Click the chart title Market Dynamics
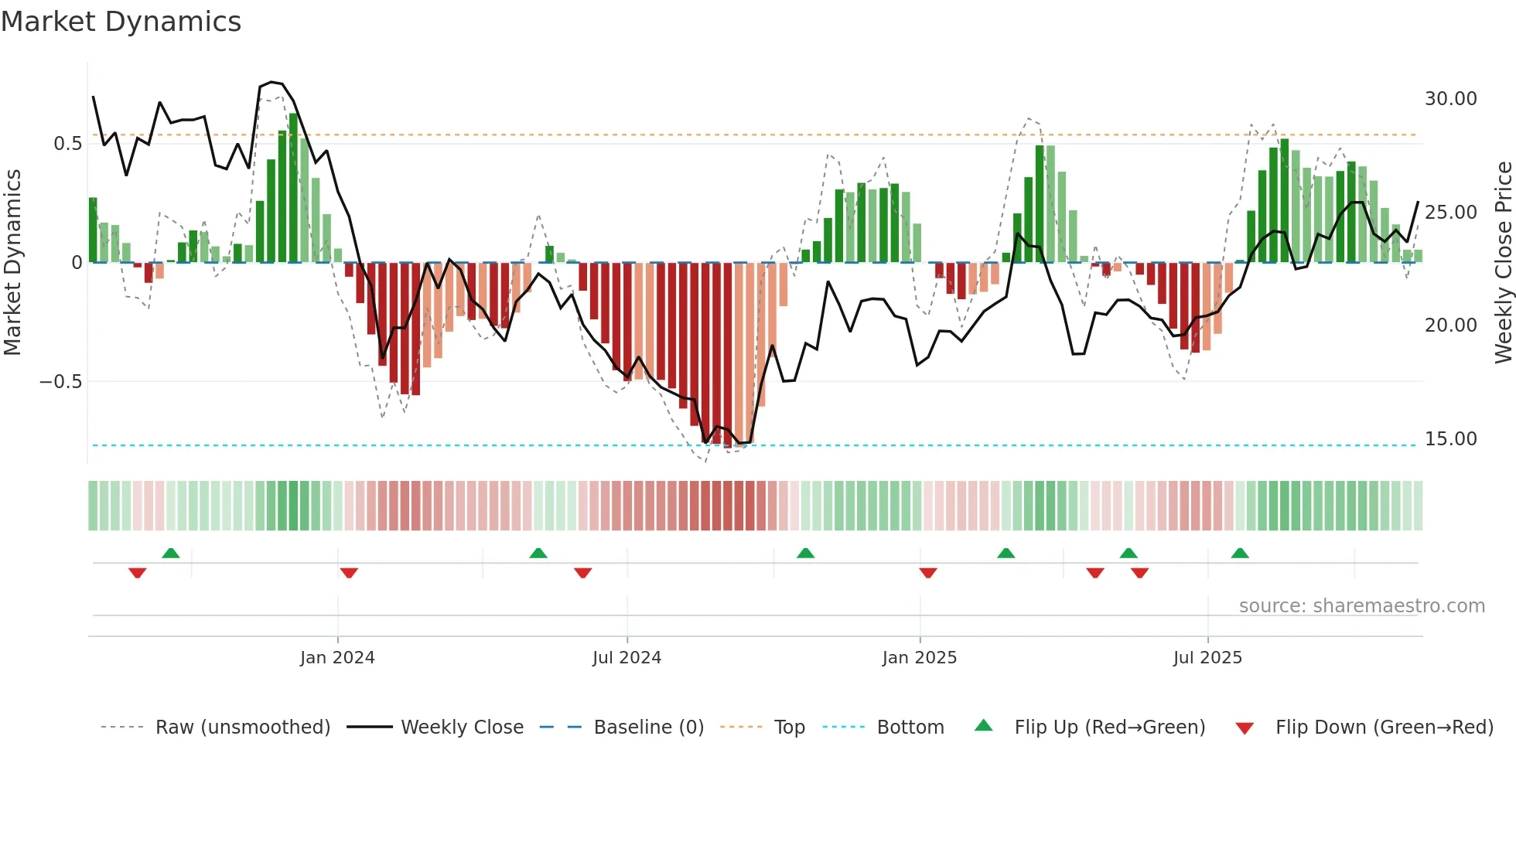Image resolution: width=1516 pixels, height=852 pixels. coord(121,22)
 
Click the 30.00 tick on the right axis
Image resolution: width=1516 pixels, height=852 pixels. coord(1450,99)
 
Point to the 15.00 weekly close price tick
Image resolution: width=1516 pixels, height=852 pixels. coord(1450,439)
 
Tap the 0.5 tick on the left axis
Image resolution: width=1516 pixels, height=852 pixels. coord(67,144)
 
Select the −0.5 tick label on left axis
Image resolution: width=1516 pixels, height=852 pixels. coord(60,382)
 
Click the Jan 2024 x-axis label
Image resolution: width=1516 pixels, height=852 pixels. coord(337,658)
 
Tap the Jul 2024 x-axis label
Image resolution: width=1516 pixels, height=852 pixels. coord(627,658)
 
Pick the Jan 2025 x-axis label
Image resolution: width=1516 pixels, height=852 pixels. coord(919,658)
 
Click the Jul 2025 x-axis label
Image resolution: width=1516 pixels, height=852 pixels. coord(1207,658)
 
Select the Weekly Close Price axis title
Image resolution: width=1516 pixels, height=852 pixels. coord(1503,262)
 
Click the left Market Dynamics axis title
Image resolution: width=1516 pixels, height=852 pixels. coord(12,262)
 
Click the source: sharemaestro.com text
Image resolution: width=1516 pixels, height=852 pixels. coord(1361,606)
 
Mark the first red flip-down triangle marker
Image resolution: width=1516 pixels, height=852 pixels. coord(138,573)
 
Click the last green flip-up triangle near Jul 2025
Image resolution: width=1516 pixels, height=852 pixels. coord(1240,553)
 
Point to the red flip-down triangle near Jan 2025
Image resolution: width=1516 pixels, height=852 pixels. coord(928,573)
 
